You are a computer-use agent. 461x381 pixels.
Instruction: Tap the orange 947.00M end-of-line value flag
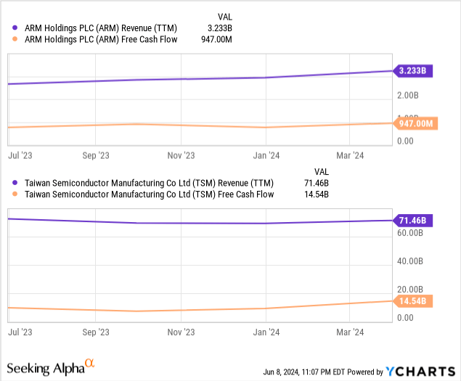click(x=414, y=123)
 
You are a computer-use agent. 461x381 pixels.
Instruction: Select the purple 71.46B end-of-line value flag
click(x=414, y=220)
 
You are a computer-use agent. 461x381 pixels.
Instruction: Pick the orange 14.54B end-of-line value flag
click(x=414, y=300)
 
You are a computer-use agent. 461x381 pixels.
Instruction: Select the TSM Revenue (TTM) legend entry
click(x=135, y=183)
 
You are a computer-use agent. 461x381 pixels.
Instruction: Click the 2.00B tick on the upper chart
click(x=407, y=95)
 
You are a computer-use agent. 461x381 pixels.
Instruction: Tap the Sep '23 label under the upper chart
click(x=96, y=155)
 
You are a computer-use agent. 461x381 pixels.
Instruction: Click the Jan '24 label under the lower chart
click(x=266, y=332)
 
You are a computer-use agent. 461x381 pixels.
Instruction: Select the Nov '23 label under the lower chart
click(x=181, y=332)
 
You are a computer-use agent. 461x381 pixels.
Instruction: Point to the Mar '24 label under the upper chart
click(x=351, y=155)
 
